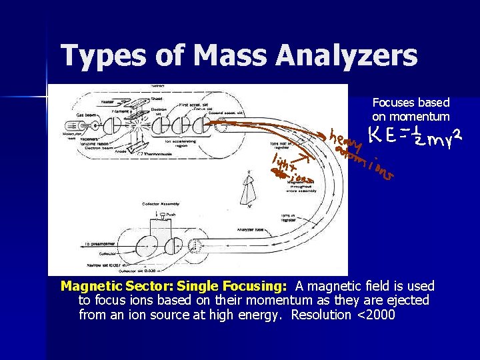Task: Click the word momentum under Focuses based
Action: [x=411, y=117]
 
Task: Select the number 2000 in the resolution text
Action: [x=377, y=315]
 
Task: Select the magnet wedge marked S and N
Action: [x=251, y=189]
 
